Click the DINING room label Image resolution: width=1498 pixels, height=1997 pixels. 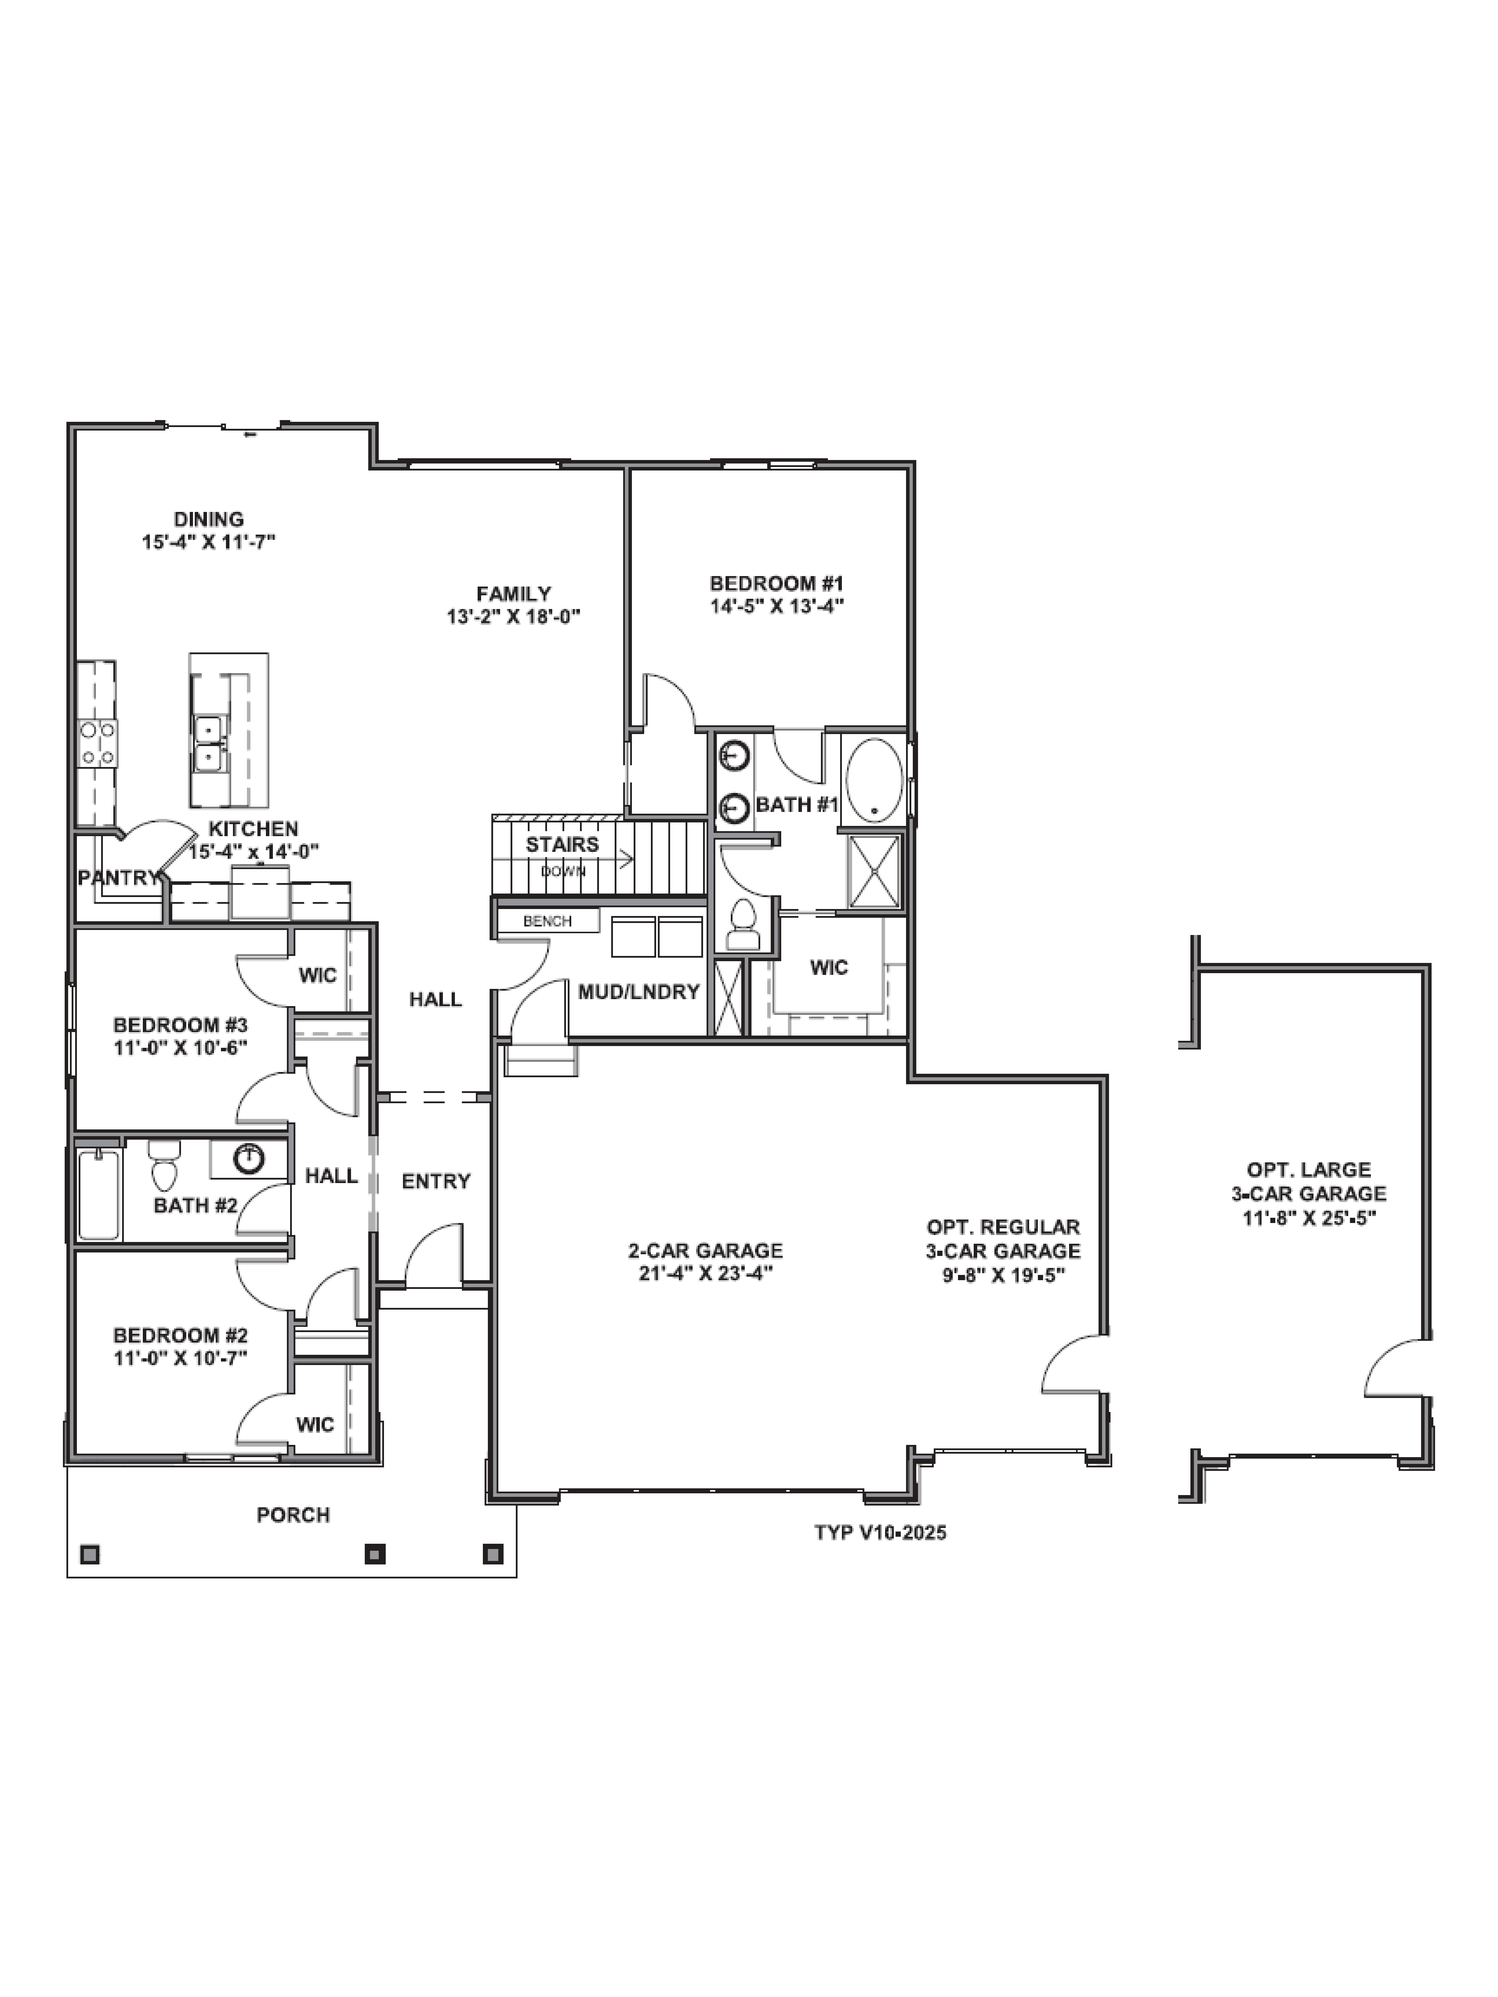click(208, 519)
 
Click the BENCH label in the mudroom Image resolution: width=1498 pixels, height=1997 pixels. click(547, 921)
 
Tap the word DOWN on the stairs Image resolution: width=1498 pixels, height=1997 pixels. click(563, 871)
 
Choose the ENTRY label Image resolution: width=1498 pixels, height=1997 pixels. click(436, 1181)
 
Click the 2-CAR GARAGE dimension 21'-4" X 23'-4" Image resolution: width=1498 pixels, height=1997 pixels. click(705, 1274)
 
